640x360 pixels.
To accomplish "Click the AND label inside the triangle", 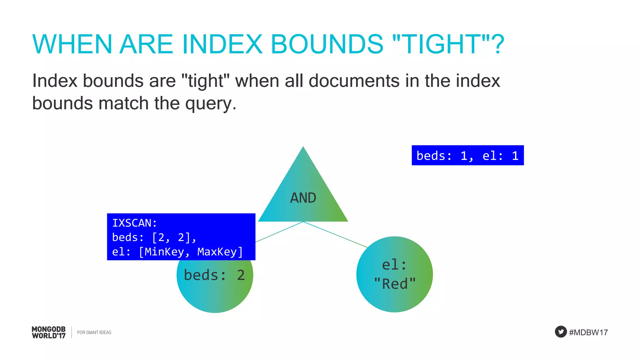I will (303, 198).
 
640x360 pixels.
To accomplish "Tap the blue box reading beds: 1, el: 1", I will (467, 155).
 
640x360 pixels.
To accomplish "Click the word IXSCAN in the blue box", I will (132, 223).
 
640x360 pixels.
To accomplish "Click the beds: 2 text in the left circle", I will (214, 275).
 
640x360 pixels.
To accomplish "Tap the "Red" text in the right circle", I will (395, 284).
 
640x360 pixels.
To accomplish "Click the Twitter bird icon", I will (561, 332).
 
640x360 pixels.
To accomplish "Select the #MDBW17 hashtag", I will (588, 332).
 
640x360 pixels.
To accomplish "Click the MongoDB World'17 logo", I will (49, 332).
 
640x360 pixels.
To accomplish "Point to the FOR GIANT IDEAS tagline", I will (94, 332).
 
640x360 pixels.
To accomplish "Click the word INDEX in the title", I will (222, 44).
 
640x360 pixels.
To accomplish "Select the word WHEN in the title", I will (72, 44).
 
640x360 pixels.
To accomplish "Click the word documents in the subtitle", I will (354, 81).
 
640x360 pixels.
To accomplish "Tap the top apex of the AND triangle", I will (303, 147).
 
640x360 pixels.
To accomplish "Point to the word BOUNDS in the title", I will (327, 44).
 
